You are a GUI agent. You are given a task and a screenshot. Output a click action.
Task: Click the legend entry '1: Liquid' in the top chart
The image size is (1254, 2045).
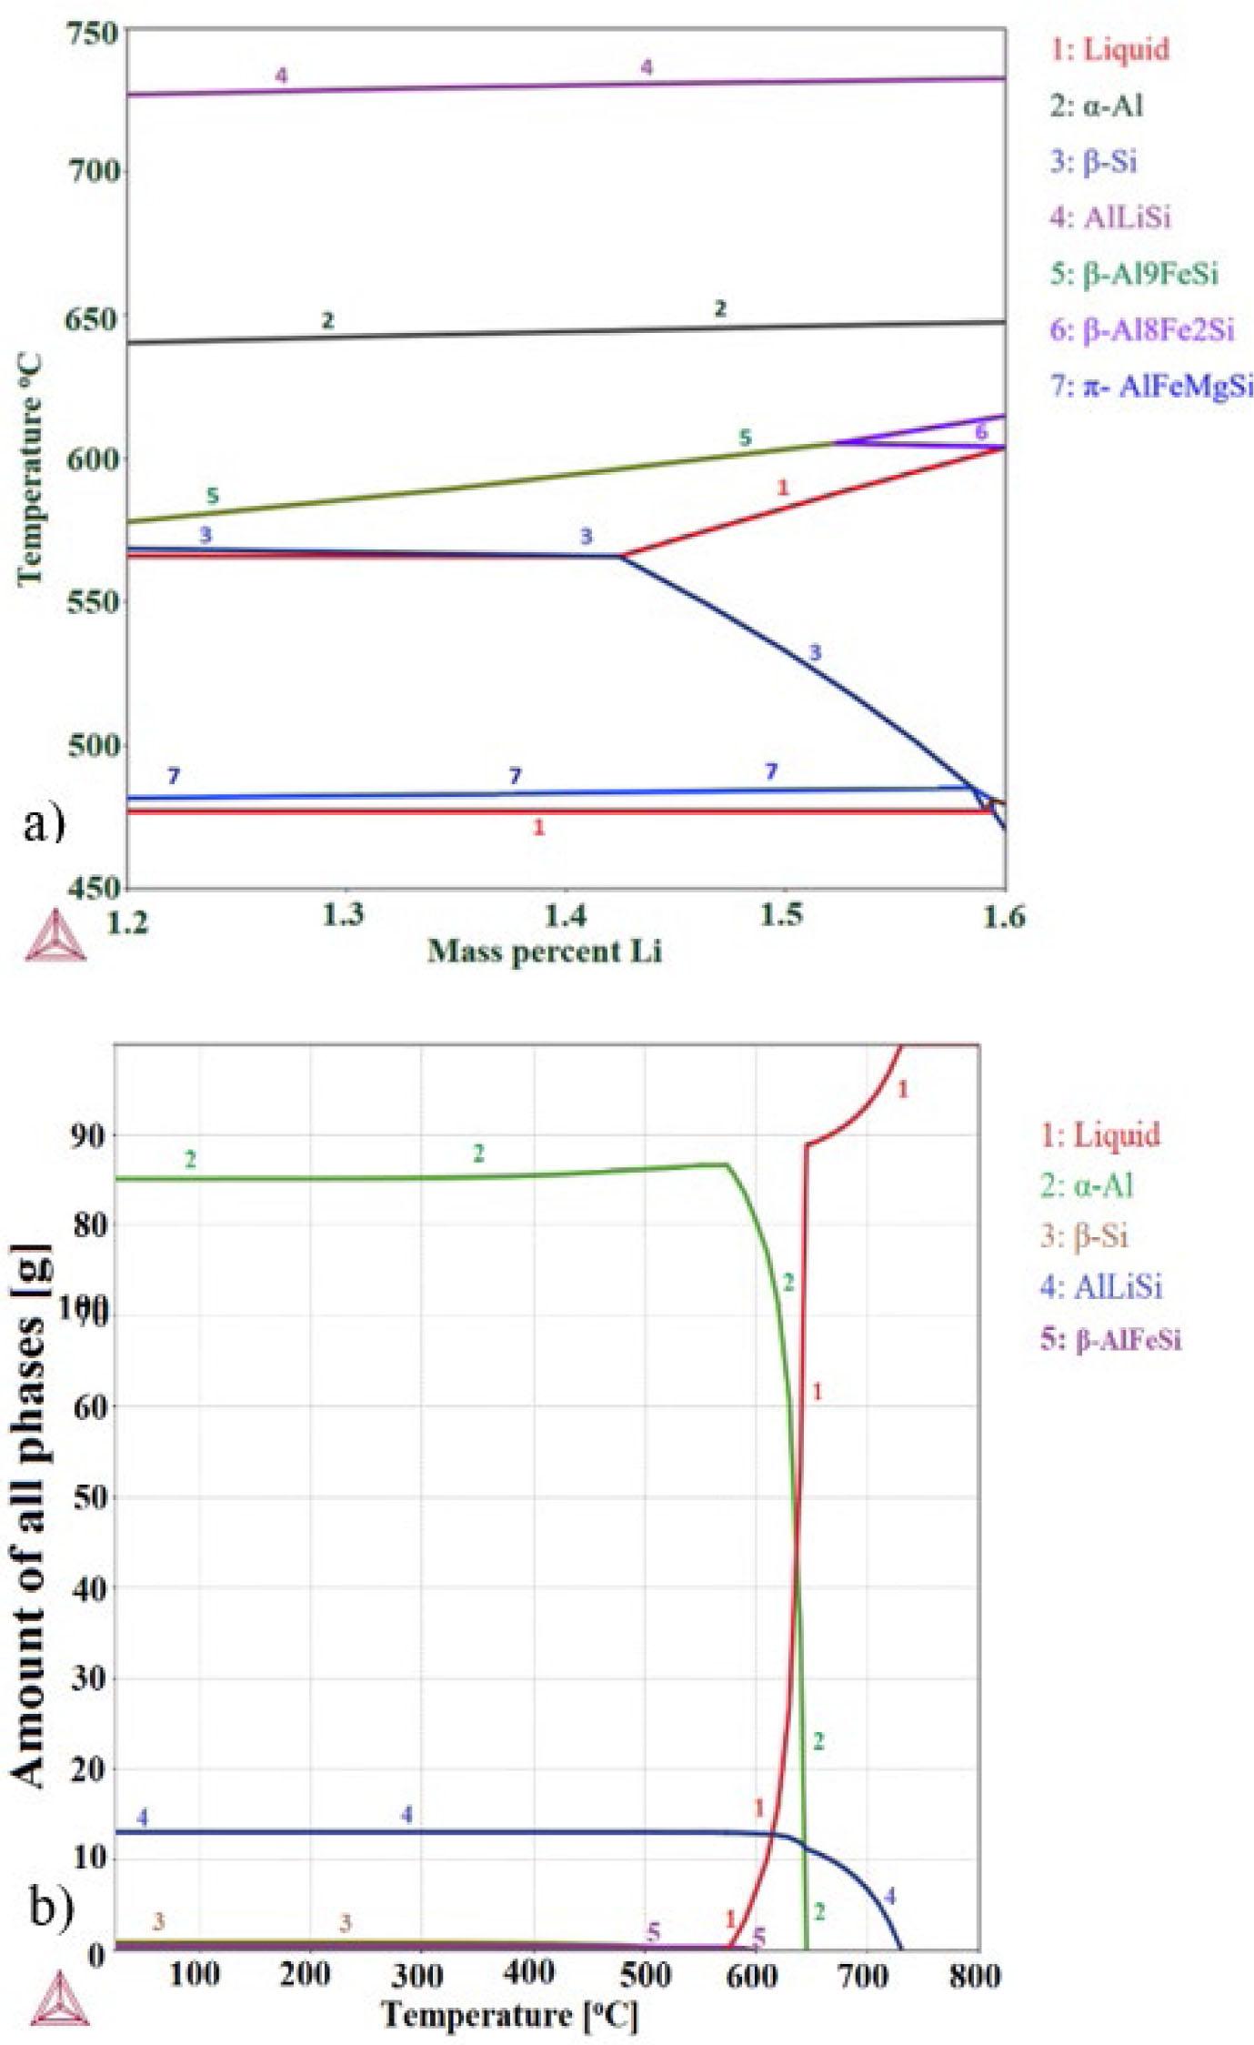(x=1109, y=49)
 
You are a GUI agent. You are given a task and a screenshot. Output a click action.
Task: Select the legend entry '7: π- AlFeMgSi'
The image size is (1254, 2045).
(x=1151, y=386)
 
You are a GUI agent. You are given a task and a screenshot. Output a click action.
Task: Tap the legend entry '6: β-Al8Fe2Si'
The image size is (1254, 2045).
(x=1142, y=329)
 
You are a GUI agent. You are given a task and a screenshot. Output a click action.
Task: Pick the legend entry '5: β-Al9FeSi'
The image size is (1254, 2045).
(x=1134, y=273)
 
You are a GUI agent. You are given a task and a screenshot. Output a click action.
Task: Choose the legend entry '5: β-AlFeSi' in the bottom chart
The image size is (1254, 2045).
(x=1111, y=1338)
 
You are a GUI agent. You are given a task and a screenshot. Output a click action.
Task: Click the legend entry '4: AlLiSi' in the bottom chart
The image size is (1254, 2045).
(x=1101, y=1286)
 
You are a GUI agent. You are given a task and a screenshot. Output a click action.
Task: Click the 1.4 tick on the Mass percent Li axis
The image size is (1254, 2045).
(x=565, y=915)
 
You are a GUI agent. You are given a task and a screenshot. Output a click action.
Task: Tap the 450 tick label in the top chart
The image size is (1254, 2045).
(x=94, y=887)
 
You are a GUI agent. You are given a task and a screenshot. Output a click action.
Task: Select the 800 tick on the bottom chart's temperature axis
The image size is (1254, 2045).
(x=974, y=1975)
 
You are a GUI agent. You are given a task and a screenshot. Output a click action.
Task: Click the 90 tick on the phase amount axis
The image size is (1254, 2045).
(x=88, y=1134)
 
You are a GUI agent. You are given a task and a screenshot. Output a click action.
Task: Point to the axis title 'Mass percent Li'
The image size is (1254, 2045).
(x=545, y=952)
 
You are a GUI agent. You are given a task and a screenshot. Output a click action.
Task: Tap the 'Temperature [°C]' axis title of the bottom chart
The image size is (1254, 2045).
(x=509, y=2015)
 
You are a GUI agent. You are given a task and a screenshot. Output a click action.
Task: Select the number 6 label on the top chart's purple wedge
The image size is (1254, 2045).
(x=980, y=432)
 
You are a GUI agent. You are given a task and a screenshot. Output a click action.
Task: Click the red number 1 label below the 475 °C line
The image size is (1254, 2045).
(x=538, y=827)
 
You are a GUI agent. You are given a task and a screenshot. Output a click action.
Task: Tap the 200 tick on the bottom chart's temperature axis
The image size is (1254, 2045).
(x=305, y=1975)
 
